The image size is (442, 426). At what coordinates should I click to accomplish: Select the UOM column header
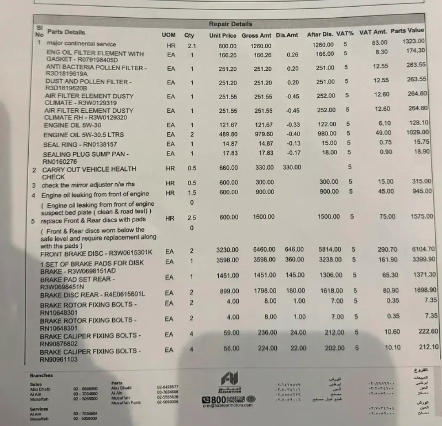[168, 35]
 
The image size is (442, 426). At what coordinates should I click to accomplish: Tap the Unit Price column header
[223, 35]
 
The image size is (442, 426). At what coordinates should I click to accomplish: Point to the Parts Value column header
[407, 31]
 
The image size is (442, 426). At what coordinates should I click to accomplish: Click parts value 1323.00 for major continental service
[413, 41]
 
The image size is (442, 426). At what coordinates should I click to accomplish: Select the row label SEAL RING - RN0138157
[80, 145]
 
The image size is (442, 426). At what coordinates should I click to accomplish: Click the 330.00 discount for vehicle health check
[292, 167]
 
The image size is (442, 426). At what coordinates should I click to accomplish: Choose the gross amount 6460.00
[264, 250]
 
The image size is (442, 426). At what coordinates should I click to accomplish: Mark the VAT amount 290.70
[387, 249]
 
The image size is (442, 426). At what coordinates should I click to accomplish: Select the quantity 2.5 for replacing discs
[191, 218]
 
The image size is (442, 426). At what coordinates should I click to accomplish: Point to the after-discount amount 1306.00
[331, 275]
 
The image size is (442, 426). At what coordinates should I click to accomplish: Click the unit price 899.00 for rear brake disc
[229, 291]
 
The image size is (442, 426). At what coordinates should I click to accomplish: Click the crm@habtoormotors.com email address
[228, 405]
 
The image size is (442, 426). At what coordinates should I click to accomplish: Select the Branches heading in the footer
[41, 376]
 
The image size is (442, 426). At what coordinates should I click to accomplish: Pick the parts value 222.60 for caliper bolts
[428, 331]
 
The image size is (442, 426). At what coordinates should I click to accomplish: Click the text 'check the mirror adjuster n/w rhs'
[88, 184]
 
